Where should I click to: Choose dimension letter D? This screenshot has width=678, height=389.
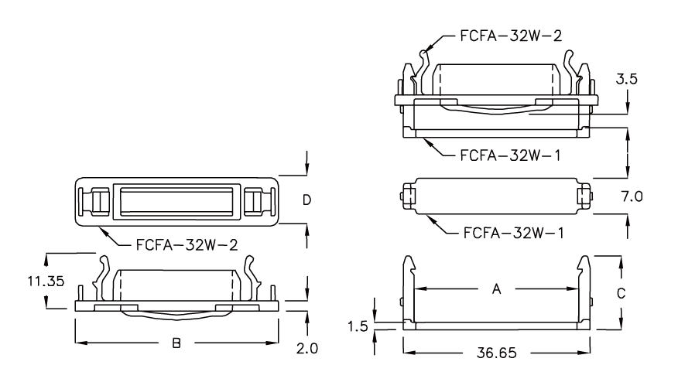pos(307,200)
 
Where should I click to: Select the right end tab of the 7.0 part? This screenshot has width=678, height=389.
pos(588,196)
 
